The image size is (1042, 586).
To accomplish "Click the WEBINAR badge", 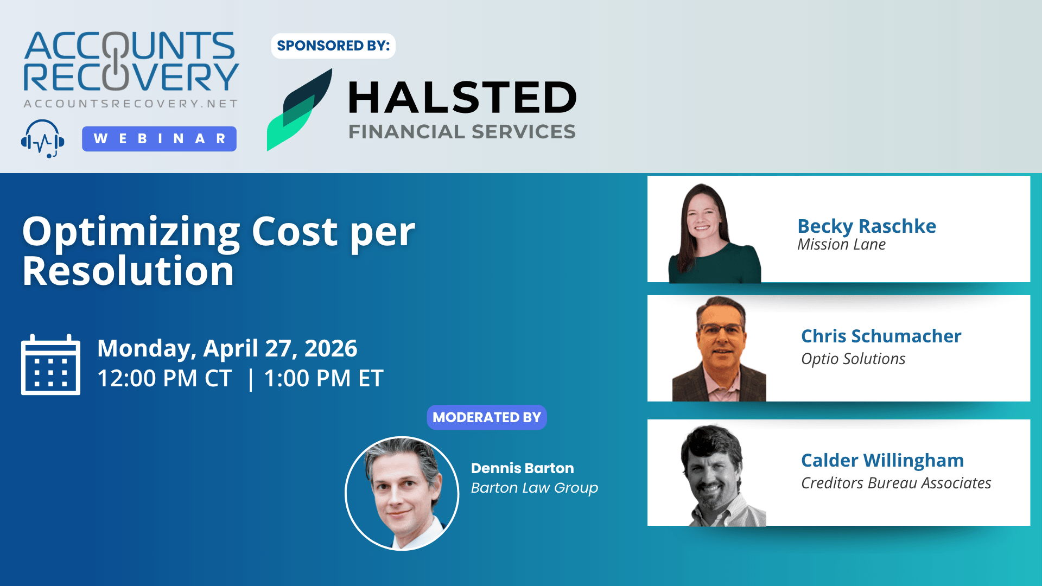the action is click(159, 139).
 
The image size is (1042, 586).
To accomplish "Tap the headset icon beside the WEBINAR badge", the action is click(43, 139).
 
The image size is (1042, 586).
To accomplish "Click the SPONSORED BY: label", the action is click(333, 46).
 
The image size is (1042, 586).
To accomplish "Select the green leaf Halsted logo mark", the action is click(300, 110).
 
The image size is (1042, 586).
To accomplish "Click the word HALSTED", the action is click(462, 98).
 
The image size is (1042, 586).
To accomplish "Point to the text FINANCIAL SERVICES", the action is click(462, 132).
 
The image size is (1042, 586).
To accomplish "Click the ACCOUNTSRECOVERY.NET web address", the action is click(131, 104).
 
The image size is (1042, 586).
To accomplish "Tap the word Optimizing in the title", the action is click(131, 232).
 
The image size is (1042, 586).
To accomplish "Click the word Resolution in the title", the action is click(128, 271).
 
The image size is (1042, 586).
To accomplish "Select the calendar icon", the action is click(50, 365).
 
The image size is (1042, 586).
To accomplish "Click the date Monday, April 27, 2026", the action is click(227, 348).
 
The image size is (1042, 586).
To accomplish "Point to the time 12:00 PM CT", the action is click(164, 378).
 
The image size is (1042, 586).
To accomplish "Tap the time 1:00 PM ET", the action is click(323, 378).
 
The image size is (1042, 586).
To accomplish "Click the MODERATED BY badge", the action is click(487, 417).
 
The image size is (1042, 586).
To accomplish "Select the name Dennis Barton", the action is click(523, 468).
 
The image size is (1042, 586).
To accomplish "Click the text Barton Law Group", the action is click(535, 488).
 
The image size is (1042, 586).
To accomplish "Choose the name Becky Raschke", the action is click(867, 226).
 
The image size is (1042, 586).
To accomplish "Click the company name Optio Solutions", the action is click(853, 359).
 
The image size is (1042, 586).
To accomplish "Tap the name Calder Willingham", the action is click(882, 460).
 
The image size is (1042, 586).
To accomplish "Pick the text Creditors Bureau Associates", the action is click(896, 483).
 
